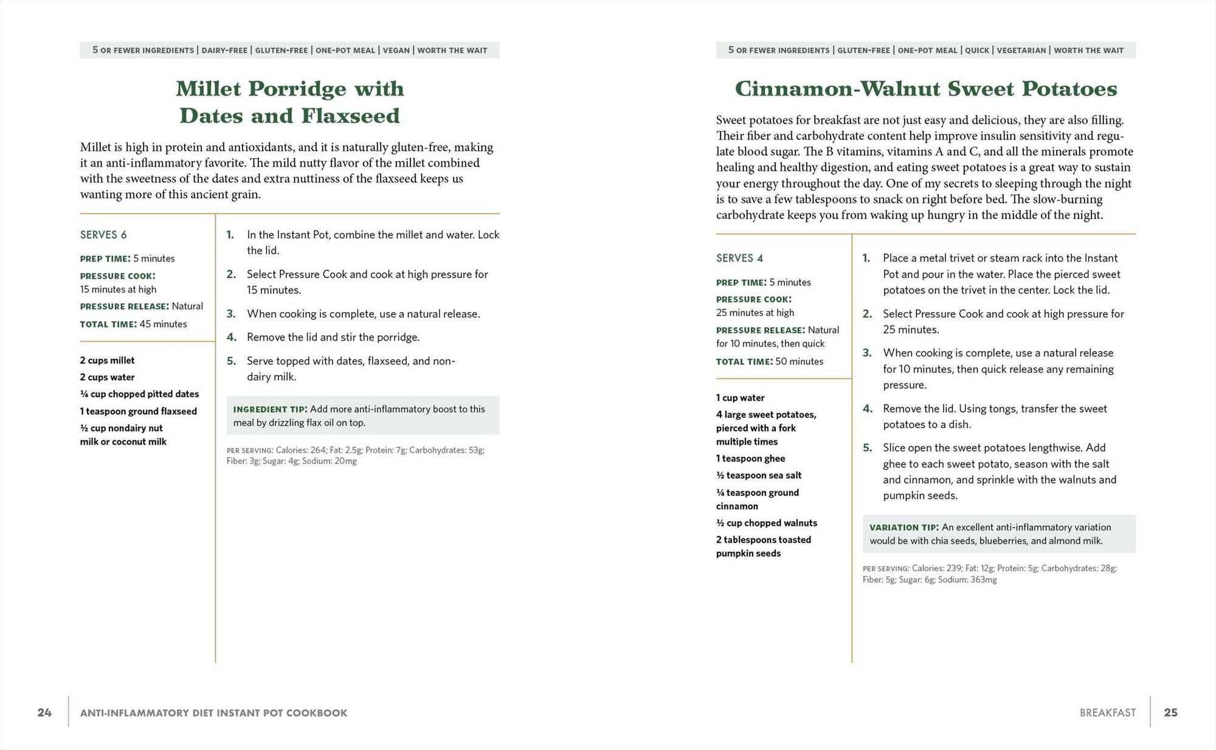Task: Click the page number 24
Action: (x=44, y=712)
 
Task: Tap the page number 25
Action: (x=1170, y=712)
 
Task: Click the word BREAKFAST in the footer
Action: (x=1107, y=713)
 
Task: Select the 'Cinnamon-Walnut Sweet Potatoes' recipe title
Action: (x=925, y=89)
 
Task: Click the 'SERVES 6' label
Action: (x=103, y=235)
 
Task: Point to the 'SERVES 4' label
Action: (x=739, y=258)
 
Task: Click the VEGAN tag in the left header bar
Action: (x=396, y=50)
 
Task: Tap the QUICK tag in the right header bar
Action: (x=977, y=50)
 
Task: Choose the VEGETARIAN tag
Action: (x=1021, y=50)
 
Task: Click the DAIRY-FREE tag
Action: (x=224, y=50)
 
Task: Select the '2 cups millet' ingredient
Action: (x=107, y=360)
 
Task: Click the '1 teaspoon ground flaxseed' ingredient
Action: (x=138, y=411)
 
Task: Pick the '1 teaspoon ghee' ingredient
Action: (x=750, y=459)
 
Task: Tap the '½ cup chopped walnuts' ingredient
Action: (x=766, y=523)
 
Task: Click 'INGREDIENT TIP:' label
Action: (x=270, y=409)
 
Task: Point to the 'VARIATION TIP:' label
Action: (x=903, y=527)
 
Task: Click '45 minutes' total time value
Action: (x=163, y=324)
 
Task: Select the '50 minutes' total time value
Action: (x=799, y=361)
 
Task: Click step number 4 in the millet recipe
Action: (x=231, y=337)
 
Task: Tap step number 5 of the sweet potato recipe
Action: (x=867, y=448)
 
